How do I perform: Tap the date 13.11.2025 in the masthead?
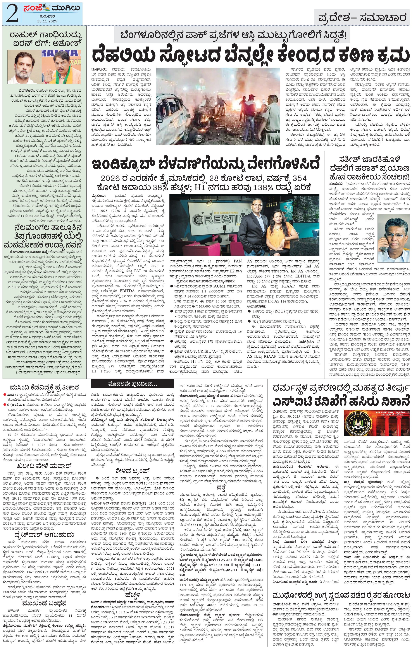[47, 21]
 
